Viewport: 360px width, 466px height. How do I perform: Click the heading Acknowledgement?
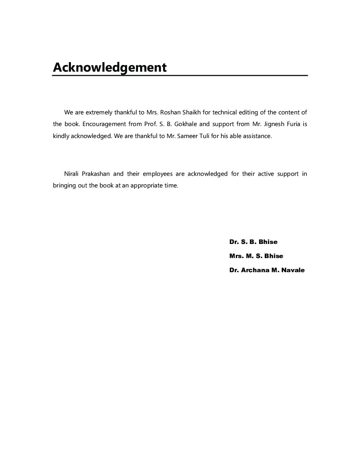coord(109,67)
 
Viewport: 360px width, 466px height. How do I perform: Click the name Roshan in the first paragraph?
coord(170,113)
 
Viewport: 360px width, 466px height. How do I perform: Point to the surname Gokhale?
coord(186,124)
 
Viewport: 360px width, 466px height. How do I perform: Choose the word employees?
coord(157,174)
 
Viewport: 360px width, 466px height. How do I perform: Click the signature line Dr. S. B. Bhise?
coord(253,242)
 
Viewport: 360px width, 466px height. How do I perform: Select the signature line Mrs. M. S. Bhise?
coord(256,256)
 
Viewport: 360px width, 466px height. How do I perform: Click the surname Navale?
coord(293,270)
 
